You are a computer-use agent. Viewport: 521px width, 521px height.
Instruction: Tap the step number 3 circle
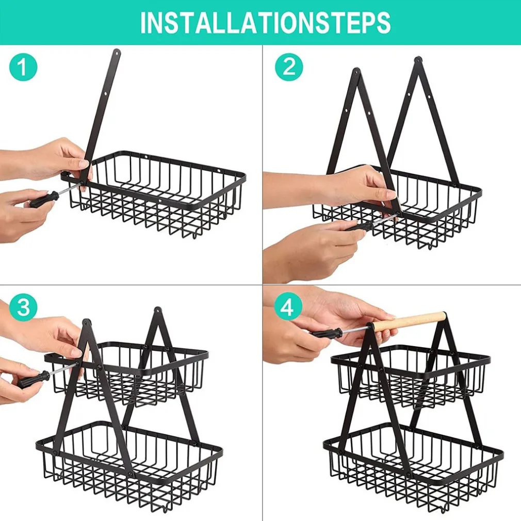(23, 307)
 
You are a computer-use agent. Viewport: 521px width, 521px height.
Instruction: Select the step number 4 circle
(287, 307)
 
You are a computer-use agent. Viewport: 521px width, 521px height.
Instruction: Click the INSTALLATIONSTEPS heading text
(265, 22)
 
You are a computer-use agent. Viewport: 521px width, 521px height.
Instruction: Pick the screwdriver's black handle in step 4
(327, 332)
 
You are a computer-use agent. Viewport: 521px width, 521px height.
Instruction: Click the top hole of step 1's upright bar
(116, 52)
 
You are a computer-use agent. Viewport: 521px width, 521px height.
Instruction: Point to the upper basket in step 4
(411, 376)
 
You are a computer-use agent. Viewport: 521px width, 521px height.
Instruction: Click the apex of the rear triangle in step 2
(418, 60)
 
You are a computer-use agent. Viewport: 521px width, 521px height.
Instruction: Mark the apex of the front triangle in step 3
(87, 322)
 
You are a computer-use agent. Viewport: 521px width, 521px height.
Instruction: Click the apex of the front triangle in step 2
(356, 71)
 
